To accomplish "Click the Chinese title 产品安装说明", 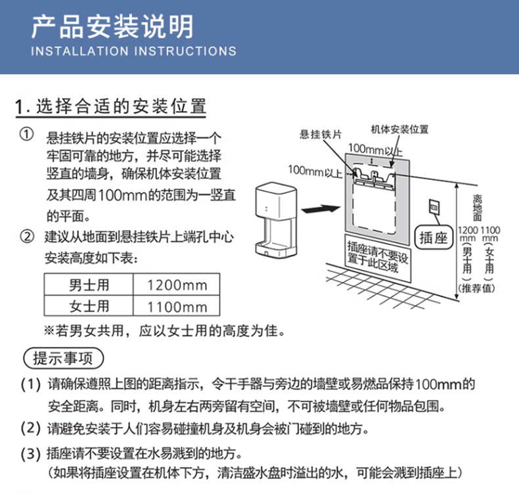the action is (112, 27).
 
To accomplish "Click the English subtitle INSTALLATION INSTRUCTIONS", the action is (134, 51).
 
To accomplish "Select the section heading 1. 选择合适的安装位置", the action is (111, 106).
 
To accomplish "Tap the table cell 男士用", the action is (89, 284).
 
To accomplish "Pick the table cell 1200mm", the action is (177, 285).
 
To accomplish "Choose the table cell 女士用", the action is (89, 306).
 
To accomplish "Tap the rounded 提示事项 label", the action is (64, 358).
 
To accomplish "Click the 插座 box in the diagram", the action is (434, 237).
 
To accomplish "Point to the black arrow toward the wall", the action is (321, 210).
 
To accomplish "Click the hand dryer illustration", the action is (276, 219).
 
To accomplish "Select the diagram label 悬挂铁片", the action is (321, 135).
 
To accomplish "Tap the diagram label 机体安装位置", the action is (399, 129).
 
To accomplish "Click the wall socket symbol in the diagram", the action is (434, 208).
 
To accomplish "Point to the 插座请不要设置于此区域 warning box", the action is (377, 258).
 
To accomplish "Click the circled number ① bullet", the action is (26, 135).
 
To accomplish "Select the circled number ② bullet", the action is (27, 237).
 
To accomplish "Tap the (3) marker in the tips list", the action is (30, 453).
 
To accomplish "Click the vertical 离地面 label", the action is (477, 208).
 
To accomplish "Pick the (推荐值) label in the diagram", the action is (476, 288).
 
